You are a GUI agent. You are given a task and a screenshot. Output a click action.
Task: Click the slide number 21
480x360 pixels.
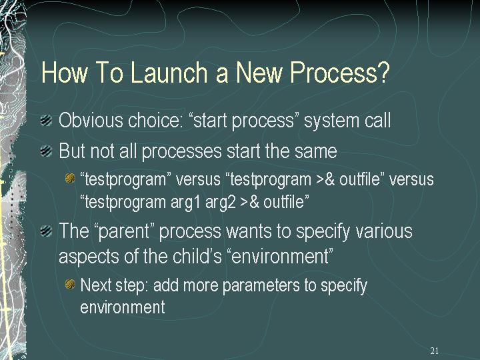tap(435, 351)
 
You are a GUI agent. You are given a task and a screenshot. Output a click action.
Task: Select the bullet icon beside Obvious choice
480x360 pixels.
tap(46, 120)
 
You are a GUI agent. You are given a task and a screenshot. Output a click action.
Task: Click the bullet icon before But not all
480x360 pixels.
tap(46, 151)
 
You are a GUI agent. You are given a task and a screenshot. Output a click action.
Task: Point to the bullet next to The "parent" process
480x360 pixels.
tap(46, 231)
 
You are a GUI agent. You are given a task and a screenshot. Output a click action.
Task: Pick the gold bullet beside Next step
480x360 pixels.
tap(70, 285)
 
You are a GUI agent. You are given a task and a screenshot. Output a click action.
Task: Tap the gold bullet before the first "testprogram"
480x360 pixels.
tap(70, 178)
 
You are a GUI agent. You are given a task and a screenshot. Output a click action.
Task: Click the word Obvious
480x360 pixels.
tap(91, 120)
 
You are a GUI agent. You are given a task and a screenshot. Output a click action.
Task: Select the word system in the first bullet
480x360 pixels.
tap(331, 121)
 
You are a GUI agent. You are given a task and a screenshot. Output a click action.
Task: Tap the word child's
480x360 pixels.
tap(197, 256)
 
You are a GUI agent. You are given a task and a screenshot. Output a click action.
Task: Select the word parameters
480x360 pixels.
tap(261, 286)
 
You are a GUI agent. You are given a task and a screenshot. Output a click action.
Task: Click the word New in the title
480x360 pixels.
tap(259, 72)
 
